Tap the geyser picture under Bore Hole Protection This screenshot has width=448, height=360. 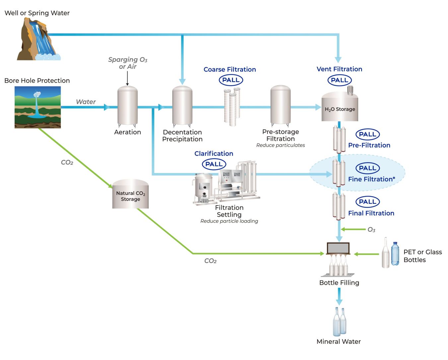tap(37, 107)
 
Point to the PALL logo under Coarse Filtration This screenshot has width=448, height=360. tap(231, 80)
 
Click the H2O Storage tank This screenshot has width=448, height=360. tap(340, 108)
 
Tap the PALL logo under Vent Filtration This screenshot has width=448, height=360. tap(339, 80)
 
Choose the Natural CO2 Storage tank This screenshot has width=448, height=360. tap(130, 195)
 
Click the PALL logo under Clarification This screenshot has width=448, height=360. tap(214, 164)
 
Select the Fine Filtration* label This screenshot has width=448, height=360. tap(371, 179)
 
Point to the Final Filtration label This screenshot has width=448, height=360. tap(371, 213)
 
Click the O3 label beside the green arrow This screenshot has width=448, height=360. tap(371, 230)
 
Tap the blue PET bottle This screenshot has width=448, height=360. tap(395, 254)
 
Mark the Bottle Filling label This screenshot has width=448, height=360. tap(339, 283)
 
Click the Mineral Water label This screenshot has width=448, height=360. tap(338, 341)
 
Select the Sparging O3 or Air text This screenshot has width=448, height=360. tap(128, 63)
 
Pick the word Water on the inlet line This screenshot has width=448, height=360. tap(86, 102)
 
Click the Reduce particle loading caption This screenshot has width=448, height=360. tap(229, 221)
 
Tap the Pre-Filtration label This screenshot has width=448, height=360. tap(369, 145)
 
